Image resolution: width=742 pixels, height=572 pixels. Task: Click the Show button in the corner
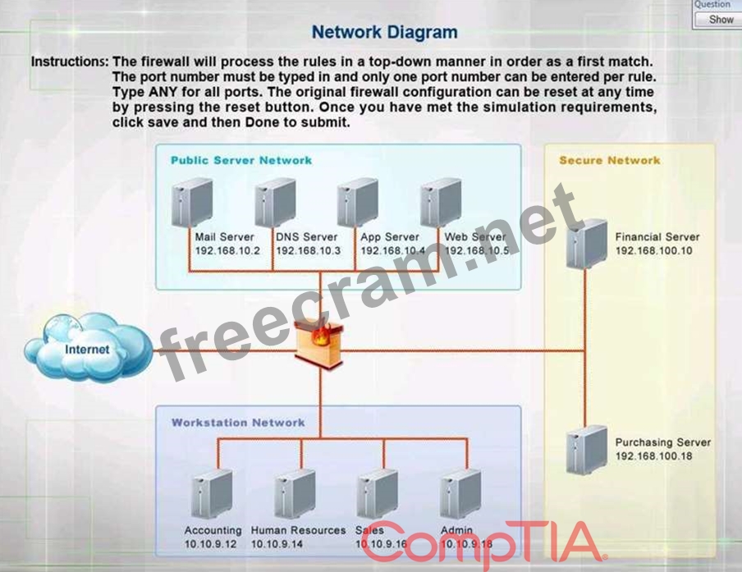point(721,19)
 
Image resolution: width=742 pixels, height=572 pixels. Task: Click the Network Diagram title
point(384,33)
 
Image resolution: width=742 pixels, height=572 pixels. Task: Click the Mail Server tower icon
point(192,202)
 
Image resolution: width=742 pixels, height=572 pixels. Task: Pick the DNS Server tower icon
point(275,202)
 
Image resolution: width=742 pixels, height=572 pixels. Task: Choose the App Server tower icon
point(358,202)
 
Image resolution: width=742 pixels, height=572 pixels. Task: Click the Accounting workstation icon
point(210,495)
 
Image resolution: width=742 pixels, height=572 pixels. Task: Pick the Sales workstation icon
point(378,495)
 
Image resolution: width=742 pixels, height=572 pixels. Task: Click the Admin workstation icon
point(460,495)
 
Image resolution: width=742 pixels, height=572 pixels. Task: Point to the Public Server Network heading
point(241,160)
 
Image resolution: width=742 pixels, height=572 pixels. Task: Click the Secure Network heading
point(609,160)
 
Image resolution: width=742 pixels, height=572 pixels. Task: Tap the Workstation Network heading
point(238,423)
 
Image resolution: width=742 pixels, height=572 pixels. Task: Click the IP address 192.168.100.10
point(653,251)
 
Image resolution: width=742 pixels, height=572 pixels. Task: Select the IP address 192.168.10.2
point(227,250)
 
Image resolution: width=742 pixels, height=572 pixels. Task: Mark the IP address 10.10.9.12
point(210,544)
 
